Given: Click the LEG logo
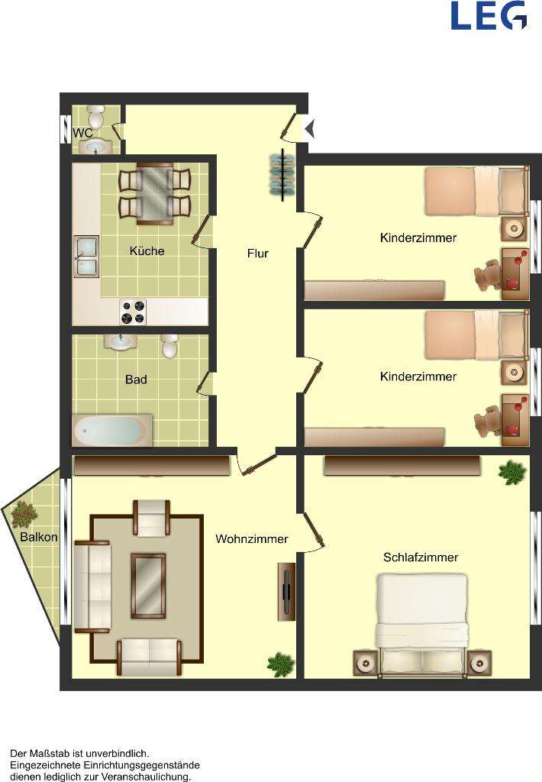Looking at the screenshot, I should pos(489,16).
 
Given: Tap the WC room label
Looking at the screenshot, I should pos(82,133).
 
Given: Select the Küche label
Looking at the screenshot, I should pos(147,250).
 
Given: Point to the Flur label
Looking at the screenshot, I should pos(258,254).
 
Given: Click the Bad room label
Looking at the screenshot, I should pos(136,379).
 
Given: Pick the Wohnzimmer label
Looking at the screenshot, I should pos(252,539).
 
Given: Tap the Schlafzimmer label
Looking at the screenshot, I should pos(421,557).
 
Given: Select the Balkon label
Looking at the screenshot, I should pos(39,537).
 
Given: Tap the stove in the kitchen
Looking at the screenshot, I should pos(133,312).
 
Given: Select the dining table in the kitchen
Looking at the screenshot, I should pos(155,193).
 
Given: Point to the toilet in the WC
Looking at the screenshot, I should pos(96,118).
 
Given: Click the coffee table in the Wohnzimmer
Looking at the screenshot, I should pos(148,585).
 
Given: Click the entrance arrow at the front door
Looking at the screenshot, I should pos(309,129).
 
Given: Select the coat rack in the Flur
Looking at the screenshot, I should pos(282,175).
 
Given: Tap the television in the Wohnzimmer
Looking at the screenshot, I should pos(286,591).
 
